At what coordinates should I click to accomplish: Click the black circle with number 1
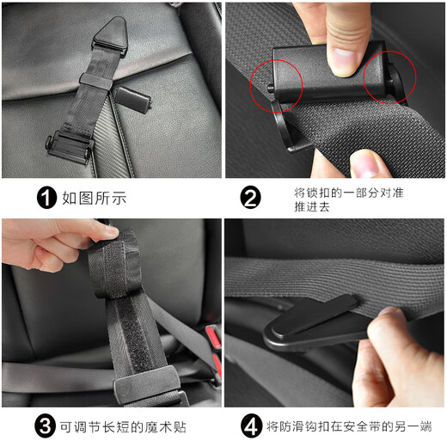(46, 198)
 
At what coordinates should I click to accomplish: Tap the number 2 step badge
(250, 198)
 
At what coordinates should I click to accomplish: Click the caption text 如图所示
(94, 199)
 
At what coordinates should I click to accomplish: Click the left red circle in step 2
(276, 87)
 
